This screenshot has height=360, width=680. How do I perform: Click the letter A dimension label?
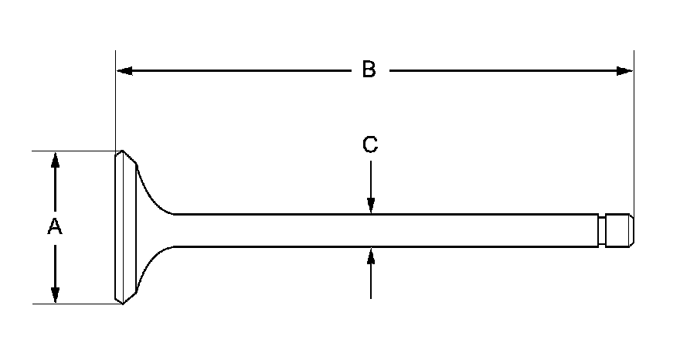click(54, 227)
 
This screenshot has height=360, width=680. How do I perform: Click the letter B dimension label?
click(369, 70)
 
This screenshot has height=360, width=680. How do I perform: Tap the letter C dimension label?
click(371, 144)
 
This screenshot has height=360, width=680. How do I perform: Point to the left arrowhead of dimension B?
click(124, 71)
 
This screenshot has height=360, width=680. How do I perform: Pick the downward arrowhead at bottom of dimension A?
click(55, 295)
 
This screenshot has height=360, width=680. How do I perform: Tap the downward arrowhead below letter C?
click(371, 205)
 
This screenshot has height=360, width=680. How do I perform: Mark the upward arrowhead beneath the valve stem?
click(371, 255)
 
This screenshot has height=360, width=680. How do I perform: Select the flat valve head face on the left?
click(119, 227)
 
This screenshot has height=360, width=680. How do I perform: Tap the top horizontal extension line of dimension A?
click(73, 151)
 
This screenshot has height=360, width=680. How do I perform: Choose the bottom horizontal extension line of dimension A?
click(73, 304)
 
